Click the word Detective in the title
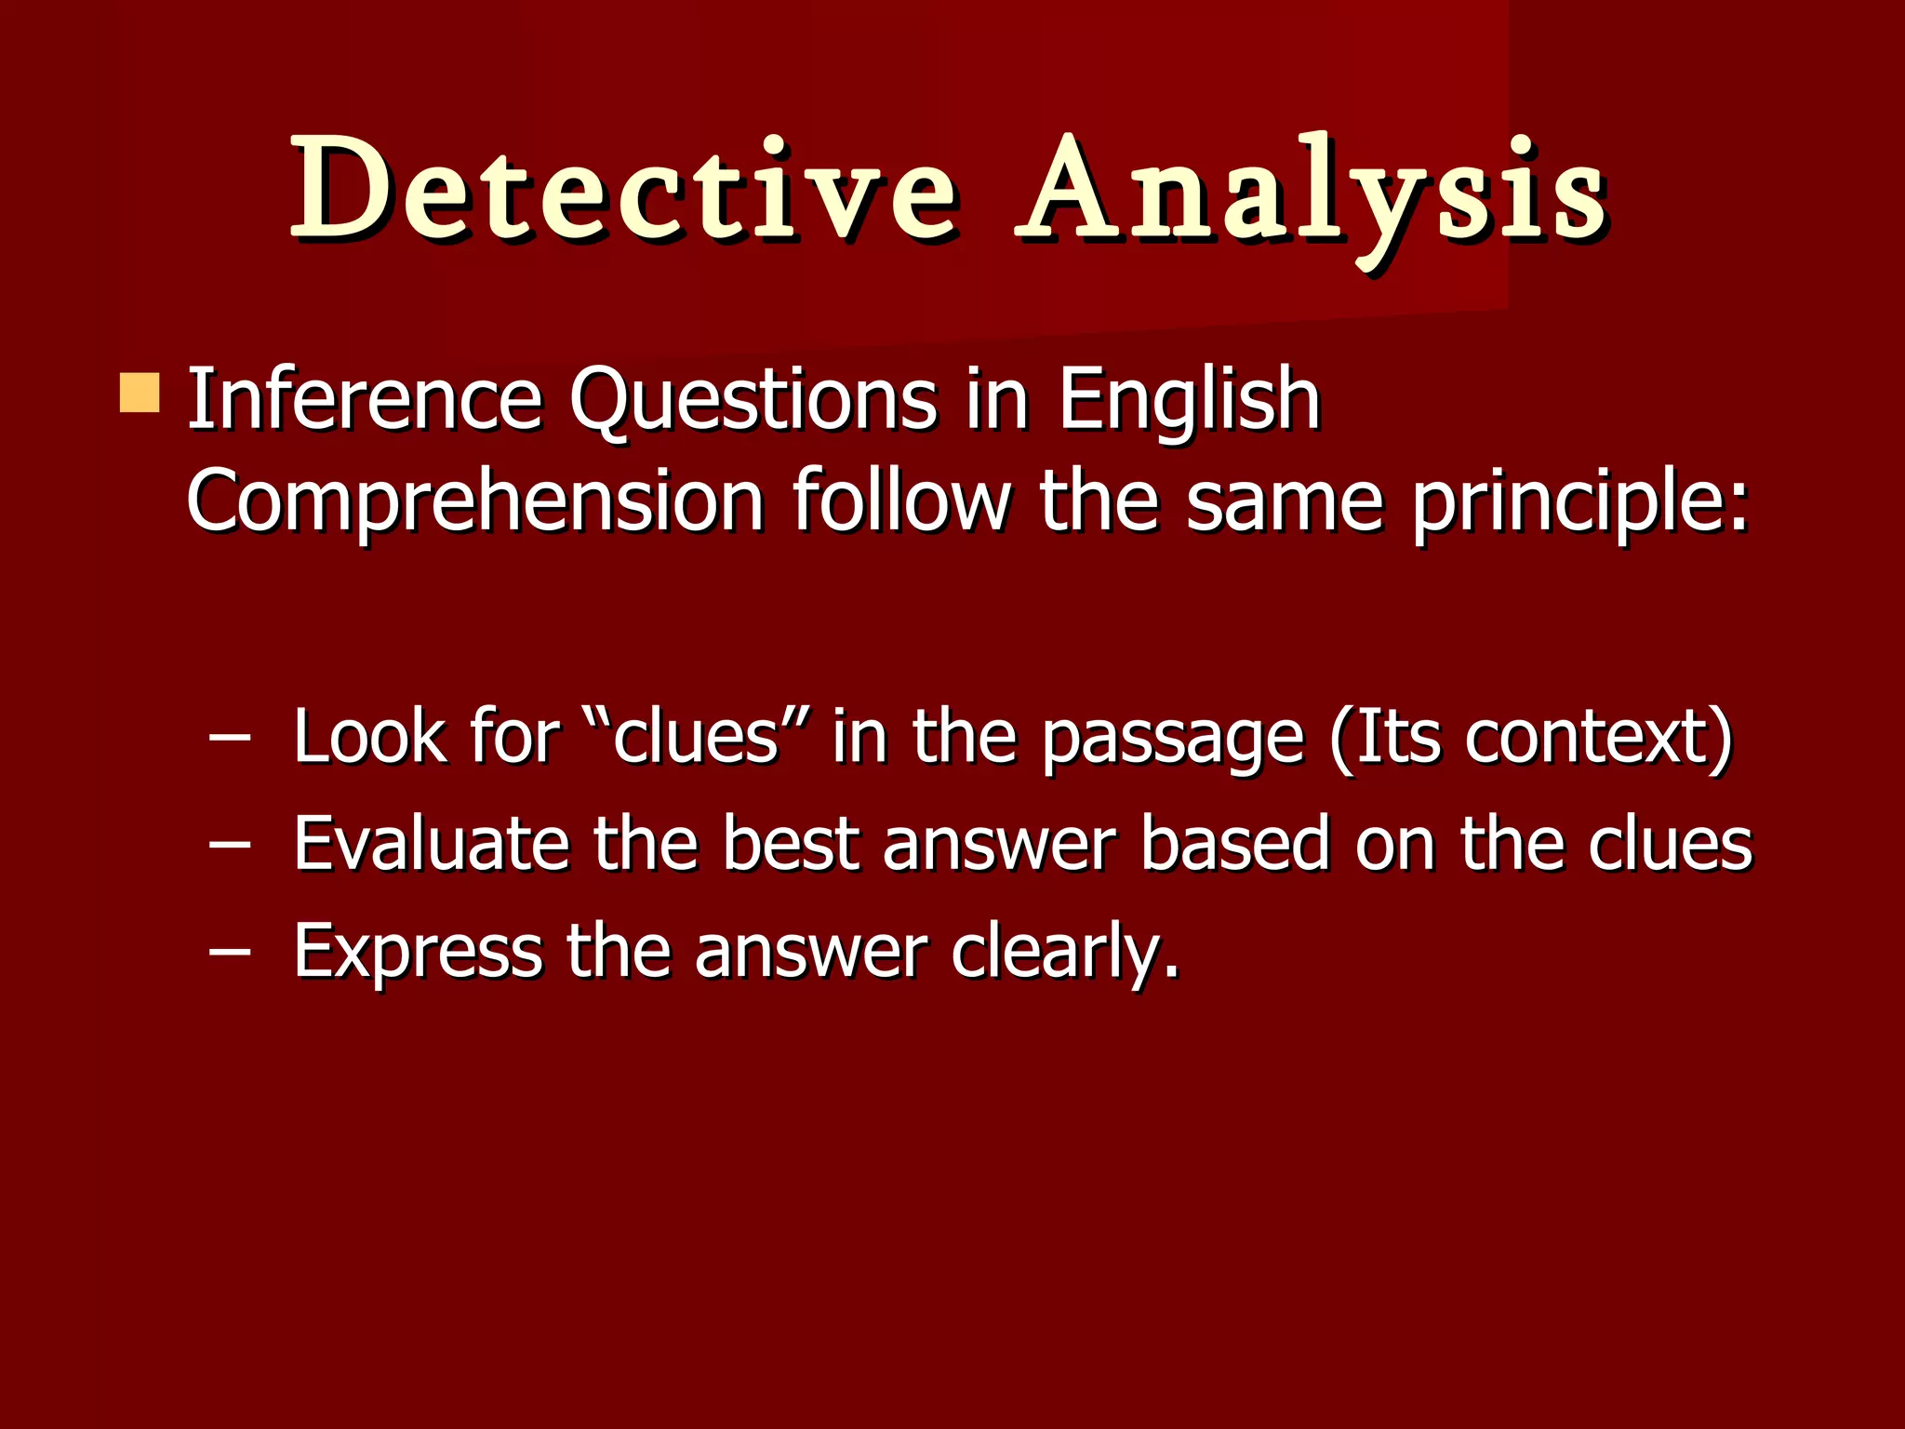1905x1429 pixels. tap(623, 191)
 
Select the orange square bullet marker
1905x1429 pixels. tap(140, 393)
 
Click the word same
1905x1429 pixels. tap(1285, 502)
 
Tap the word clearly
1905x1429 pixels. tap(1064, 953)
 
